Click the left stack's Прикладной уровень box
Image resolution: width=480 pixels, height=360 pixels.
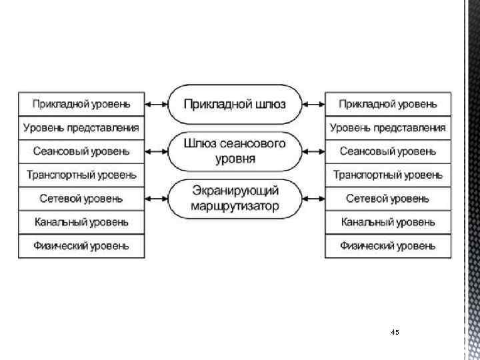[81, 104]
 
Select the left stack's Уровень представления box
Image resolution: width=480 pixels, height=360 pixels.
[81, 127]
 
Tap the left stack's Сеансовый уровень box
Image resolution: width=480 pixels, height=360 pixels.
[81, 151]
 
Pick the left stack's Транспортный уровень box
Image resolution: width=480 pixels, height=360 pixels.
[81, 175]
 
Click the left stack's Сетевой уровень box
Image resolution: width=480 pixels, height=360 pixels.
[81, 199]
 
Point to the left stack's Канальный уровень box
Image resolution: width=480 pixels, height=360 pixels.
[81, 222]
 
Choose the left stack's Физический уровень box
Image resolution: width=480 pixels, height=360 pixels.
[81, 246]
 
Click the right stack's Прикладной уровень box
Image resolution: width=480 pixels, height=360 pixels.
[388, 104]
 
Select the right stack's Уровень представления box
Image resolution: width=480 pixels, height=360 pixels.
[388, 127]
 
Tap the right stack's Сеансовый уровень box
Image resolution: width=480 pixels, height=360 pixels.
[388, 151]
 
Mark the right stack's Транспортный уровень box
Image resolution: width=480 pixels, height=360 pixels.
[388, 175]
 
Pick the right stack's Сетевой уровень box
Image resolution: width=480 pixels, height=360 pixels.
[388, 199]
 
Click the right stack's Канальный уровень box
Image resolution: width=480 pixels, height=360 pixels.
[388, 222]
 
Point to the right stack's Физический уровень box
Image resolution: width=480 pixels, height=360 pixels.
[388, 246]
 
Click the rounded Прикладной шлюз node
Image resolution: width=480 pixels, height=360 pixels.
[235, 104]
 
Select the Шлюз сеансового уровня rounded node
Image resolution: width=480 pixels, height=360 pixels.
[235, 151]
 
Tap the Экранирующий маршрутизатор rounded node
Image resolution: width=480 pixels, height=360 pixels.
[235, 199]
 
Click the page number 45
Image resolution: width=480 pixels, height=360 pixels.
[395, 332]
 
